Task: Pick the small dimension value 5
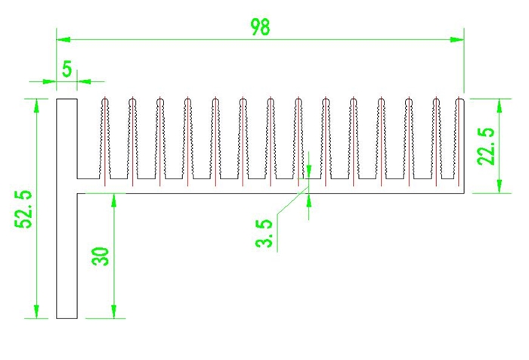[67, 70]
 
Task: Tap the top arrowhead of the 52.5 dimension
[36, 105]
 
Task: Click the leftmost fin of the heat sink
[104, 140]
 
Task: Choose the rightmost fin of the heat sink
[459, 140]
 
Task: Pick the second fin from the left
[131, 140]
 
